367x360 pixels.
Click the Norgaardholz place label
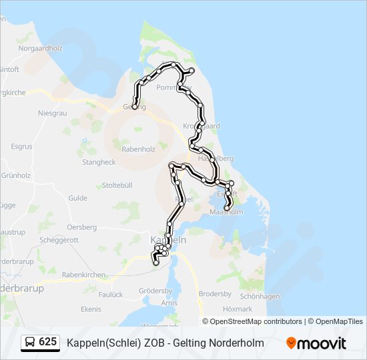(40, 48)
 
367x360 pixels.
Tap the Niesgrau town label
(53, 113)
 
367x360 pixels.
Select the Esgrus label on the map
(21, 146)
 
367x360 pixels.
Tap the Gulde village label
(77, 198)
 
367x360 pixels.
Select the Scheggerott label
(60, 240)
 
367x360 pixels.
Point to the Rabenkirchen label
(83, 275)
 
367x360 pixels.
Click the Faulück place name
(111, 294)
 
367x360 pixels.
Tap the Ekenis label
(91, 309)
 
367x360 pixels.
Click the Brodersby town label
(215, 294)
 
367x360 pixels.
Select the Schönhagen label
(259, 296)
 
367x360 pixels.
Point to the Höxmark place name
(238, 309)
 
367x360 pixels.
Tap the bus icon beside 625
(30, 342)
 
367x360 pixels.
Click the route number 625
(48, 342)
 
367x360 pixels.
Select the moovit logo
(316, 343)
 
